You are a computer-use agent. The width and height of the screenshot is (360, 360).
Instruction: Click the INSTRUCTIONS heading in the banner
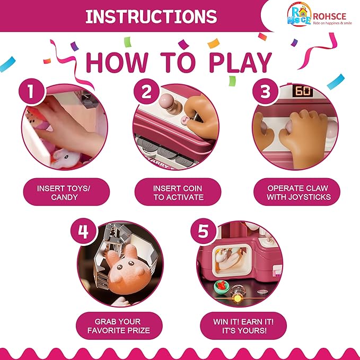point(151,16)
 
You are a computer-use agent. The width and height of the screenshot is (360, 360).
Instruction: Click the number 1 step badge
point(31,91)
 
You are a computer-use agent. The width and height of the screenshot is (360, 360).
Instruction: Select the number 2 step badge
point(146,91)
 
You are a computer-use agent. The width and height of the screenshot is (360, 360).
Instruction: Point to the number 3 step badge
point(265,91)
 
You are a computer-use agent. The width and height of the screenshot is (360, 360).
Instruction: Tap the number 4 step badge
point(83,231)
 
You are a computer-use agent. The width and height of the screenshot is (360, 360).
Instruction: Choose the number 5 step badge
point(203,231)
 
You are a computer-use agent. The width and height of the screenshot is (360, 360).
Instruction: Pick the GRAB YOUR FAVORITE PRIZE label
point(119,326)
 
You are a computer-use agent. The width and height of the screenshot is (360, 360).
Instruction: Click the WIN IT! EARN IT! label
point(243,322)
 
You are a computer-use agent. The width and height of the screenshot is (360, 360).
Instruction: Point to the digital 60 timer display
point(303,91)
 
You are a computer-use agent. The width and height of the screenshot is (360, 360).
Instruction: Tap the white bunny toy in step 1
point(65,159)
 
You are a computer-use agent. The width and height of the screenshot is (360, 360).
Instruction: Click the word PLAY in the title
point(240,63)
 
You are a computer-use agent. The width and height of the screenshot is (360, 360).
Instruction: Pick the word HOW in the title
point(117,63)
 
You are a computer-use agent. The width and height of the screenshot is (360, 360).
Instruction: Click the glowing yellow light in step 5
point(238,298)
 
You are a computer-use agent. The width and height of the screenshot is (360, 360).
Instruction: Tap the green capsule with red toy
point(222,287)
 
